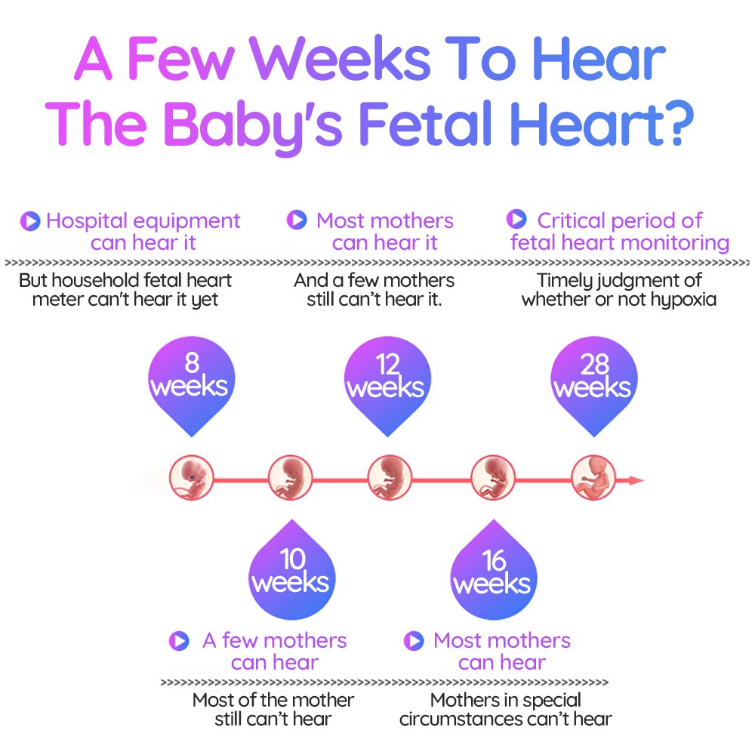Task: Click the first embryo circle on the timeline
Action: tap(192, 478)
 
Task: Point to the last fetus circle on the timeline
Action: tap(593, 478)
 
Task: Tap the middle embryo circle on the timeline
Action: tap(390, 478)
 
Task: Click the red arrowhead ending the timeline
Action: tap(636, 480)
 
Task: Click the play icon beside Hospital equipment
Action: tap(30, 221)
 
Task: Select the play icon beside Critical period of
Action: tap(516, 219)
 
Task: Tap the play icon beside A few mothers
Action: tap(179, 640)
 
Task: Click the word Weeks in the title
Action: tap(341, 58)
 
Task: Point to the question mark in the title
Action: tap(679, 123)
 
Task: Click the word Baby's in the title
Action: tap(253, 126)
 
